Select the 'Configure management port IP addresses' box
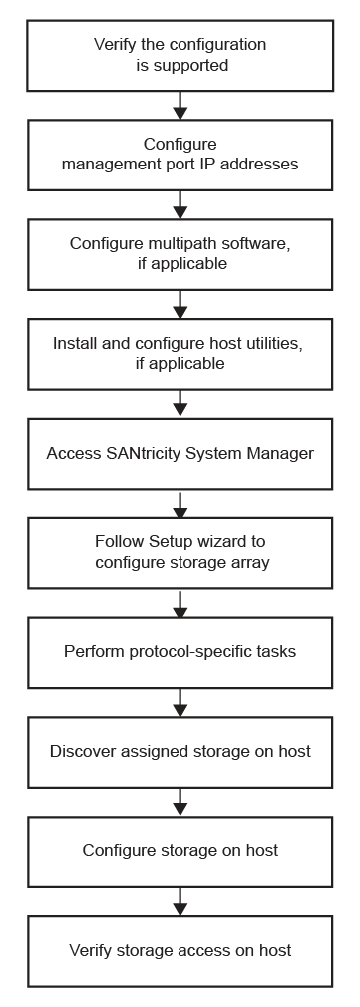[180, 155]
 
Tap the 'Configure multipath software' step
[180, 253]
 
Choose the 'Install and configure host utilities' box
[180, 353]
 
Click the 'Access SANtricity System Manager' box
[180, 453]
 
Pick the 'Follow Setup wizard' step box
[180, 552]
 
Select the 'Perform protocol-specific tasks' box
[180, 652]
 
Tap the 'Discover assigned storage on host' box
[180, 751]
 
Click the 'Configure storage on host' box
[180, 850]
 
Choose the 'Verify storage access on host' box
[180, 950]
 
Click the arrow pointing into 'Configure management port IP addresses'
[180, 105]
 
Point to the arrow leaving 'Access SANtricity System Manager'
[180, 503]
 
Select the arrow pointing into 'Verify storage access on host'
[180, 900]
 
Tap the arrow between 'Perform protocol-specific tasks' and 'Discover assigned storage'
[180, 702]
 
